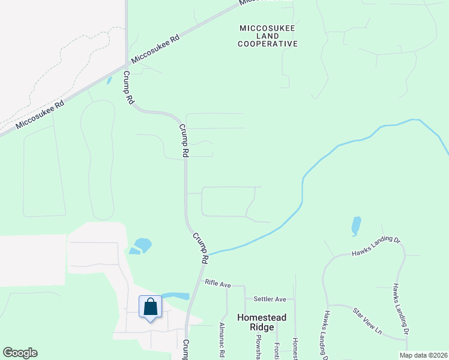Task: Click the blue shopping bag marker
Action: click(150, 307)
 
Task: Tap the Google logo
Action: click(20, 353)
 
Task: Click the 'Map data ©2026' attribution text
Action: click(423, 355)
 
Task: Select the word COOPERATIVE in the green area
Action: click(268, 44)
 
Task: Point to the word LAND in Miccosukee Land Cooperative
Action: click(268, 36)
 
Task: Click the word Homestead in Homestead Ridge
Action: click(262, 317)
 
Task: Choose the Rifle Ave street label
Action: click(218, 283)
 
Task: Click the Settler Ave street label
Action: click(270, 298)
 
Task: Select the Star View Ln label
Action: click(367, 321)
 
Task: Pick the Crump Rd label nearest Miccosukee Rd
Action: click(128, 89)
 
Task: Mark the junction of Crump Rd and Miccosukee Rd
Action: click(127, 64)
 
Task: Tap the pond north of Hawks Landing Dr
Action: click(357, 226)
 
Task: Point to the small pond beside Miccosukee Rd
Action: click(109, 80)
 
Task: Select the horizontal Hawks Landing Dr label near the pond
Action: click(376, 247)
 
